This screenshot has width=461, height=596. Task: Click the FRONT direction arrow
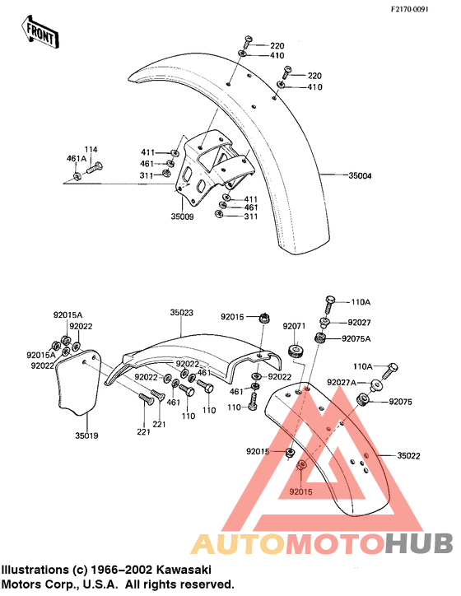click(40, 31)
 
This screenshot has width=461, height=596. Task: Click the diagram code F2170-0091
click(410, 9)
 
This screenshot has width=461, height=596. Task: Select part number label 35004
click(360, 175)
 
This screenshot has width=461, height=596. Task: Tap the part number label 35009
click(182, 217)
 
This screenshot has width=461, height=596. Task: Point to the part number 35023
click(181, 313)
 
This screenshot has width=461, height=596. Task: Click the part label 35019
click(86, 435)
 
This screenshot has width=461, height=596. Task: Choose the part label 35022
click(408, 455)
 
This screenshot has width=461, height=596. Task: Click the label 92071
click(294, 326)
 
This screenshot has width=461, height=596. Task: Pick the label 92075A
click(356, 338)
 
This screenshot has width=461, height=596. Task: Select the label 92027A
click(342, 383)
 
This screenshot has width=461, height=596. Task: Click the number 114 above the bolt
click(91, 149)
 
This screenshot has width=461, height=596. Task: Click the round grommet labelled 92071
click(296, 351)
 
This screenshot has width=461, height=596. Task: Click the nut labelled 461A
click(77, 176)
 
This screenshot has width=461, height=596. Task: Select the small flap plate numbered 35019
click(78, 381)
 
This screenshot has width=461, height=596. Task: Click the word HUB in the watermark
click(418, 544)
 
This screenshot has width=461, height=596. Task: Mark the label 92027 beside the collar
click(359, 323)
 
